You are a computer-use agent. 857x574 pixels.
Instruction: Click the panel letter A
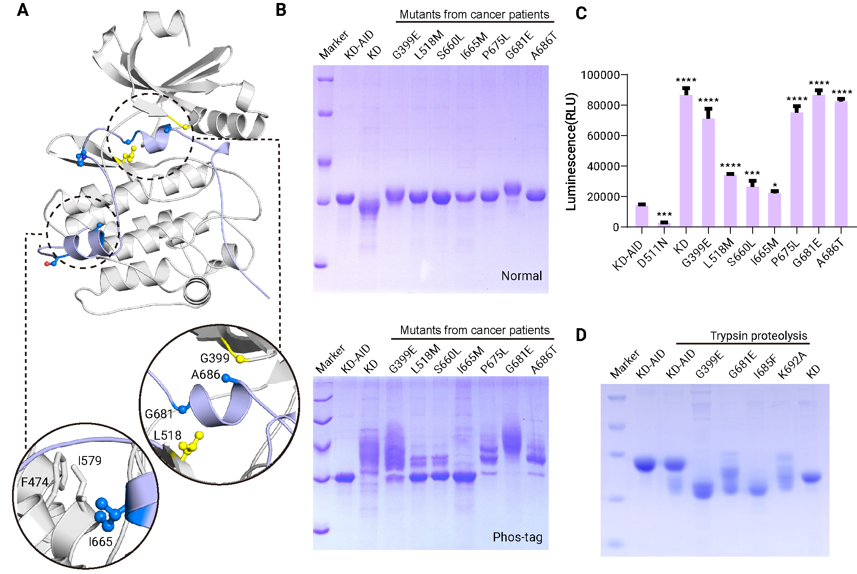coord(23,10)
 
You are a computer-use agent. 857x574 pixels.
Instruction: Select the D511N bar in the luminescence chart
coord(664,224)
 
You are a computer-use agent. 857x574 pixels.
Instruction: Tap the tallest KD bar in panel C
coord(686,160)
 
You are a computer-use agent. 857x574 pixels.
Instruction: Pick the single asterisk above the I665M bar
coord(775,186)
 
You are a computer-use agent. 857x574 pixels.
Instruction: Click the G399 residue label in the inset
coord(215,358)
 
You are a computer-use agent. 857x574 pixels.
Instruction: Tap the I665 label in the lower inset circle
coord(100,542)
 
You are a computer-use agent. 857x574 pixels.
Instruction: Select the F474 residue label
coord(35,482)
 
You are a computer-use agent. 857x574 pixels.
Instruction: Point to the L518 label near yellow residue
coord(167,435)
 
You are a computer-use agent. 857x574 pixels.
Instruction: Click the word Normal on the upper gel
coord(522,276)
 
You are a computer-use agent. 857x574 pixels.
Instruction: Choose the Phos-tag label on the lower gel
coord(517,537)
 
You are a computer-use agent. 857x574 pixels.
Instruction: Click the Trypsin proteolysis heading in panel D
coord(759,335)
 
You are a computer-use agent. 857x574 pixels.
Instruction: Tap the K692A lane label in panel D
coord(793,365)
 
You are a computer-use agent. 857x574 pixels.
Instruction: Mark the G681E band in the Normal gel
coord(513,189)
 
